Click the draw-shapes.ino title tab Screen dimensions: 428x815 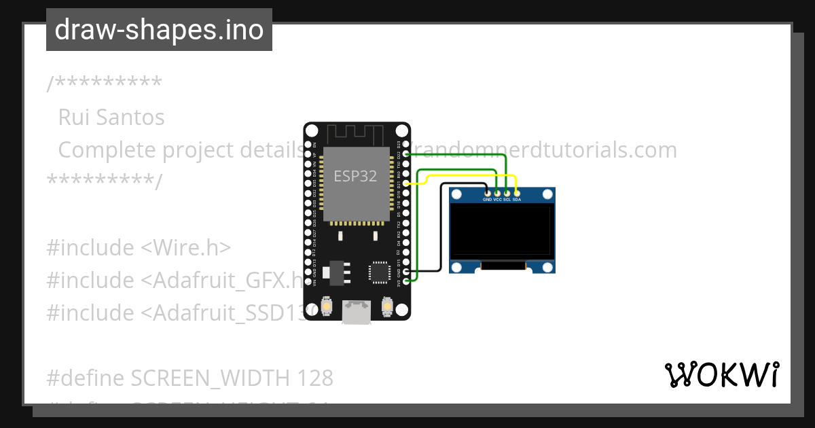click(x=159, y=30)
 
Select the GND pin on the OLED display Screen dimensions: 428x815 click(x=487, y=194)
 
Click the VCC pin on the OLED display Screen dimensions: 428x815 click(x=497, y=194)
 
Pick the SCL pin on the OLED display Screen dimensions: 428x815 click(x=507, y=194)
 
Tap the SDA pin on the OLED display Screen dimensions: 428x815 click(x=517, y=194)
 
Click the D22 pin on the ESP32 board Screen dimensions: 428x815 click(x=405, y=154)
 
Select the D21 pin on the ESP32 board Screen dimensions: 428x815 click(x=405, y=183)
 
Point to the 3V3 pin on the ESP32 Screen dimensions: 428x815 click(x=405, y=281)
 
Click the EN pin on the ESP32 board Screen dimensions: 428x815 click(x=308, y=145)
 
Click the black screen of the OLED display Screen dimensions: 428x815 click(x=502, y=231)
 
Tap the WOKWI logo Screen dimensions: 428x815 click(x=721, y=374)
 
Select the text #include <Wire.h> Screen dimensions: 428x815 click(x=139, y=248)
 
